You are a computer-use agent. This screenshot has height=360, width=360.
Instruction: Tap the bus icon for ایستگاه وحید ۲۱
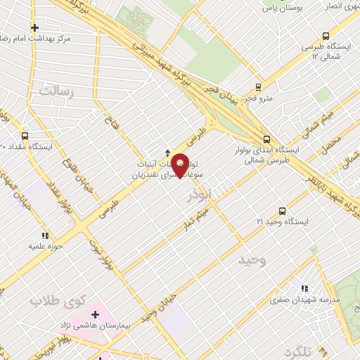click(x=282, y=211)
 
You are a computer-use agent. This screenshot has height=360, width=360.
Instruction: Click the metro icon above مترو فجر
click(x=258, y=87)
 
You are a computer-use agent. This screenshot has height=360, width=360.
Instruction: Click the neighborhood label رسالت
click(x=56, y=91)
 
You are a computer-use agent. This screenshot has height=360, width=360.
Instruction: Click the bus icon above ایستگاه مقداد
click(x=25, y=136)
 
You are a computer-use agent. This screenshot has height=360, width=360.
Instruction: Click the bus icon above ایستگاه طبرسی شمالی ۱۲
click(x=326, y=36)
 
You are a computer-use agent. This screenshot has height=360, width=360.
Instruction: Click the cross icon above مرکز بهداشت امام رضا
click(x=34, y=27)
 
